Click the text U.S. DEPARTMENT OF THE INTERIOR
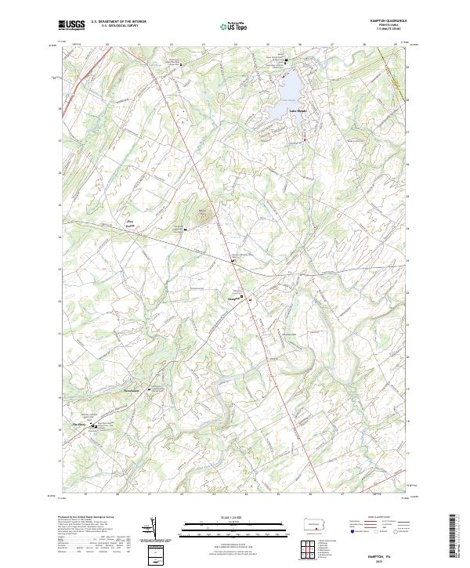pyautogui.click(x=118, y=22)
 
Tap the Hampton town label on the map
pyautogui.click(x=233, y=298)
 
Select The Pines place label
pyautogui.click(x=78, y=426)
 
